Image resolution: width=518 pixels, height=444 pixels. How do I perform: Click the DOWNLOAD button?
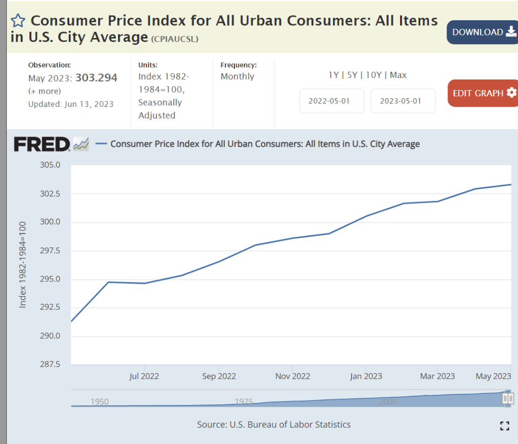pos(482,32)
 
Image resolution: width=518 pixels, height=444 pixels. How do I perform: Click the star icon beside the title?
pos(18,21)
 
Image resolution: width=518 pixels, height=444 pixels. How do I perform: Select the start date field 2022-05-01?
pos(329,101)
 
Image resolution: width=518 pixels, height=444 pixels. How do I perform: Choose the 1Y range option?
pos(334,75)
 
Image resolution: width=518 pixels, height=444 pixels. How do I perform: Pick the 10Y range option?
pos(373,75)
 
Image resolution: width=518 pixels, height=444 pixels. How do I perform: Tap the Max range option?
pos(399,75)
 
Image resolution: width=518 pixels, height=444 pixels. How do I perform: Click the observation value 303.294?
pos(96,78)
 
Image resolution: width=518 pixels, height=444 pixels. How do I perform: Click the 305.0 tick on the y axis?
pos(50,165)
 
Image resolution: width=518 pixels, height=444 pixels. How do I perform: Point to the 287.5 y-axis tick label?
pos(50,365)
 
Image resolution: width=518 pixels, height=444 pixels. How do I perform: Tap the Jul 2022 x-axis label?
pos(144,376)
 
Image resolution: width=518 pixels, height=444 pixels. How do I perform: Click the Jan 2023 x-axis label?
pos(366,376)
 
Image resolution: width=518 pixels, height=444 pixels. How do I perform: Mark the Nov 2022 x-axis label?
pos(293,376)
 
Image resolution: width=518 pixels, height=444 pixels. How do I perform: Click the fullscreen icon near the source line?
pos(504,426)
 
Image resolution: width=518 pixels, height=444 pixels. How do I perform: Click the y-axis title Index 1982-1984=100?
pos(23,271)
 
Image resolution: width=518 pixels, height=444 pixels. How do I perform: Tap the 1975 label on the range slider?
pos(244,402)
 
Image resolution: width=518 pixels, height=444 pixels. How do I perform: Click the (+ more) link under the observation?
pos(45,91)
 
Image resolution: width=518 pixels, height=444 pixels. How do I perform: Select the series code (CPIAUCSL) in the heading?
pos(175,39)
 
